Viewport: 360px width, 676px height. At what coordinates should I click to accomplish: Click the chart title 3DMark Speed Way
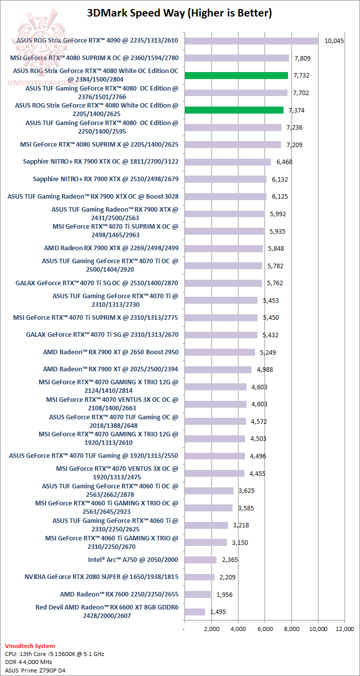click(x=179, y=14)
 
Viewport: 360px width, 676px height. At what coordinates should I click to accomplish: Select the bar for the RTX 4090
click(x=251, y=41)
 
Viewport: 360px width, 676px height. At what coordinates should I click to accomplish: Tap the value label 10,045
click(x=334, y=41)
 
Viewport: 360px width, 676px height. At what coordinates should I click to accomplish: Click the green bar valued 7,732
click(x=236, y=76)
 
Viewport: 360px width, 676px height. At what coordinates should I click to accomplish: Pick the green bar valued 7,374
click(x=234, y=110)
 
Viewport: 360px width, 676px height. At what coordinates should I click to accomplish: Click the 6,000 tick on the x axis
click(x=265, y=628)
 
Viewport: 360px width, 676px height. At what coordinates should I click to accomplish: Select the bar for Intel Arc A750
click(x=200, y=560)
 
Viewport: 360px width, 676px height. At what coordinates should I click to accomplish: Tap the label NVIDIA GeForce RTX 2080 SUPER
click(x=100, y=577)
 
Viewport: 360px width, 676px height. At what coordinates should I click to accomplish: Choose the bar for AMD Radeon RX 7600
click(x=197, y=594)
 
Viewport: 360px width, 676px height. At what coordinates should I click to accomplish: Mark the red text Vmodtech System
click(x=30, y=646)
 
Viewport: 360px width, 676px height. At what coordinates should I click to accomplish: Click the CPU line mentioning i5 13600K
click(x=54, y=653)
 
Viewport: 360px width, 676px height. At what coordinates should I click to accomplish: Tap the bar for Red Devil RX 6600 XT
click(x=194, y=611)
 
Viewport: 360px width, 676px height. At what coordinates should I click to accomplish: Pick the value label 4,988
click(x=264, y=370)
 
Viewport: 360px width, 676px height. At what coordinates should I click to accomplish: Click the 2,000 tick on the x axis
click(x=211, y=628)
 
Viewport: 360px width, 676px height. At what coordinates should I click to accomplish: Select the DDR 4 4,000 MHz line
click(x=31, y=661)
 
